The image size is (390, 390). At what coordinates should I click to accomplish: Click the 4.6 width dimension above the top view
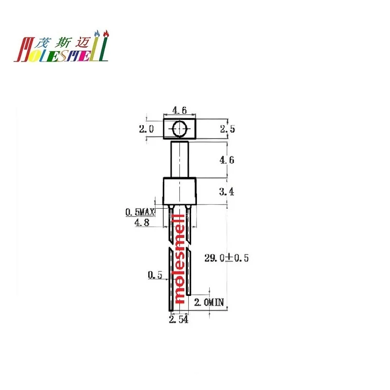[x=179, y=111]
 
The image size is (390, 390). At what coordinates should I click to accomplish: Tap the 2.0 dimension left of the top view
[x=146, y=129]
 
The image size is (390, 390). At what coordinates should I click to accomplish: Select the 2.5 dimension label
[x=228, y=129]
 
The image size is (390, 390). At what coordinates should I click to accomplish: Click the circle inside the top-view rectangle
[x=179, y=129]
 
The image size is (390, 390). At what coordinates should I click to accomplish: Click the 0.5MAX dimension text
[x=140, y=212]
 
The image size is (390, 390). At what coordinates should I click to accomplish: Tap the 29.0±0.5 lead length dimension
[x=226, y=258]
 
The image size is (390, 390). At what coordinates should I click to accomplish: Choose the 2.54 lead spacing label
[x=178, y=319]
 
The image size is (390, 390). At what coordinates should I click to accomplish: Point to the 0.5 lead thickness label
[x=155, y=275]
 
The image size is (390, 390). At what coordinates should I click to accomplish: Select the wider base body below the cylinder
[x=179, y=191]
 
